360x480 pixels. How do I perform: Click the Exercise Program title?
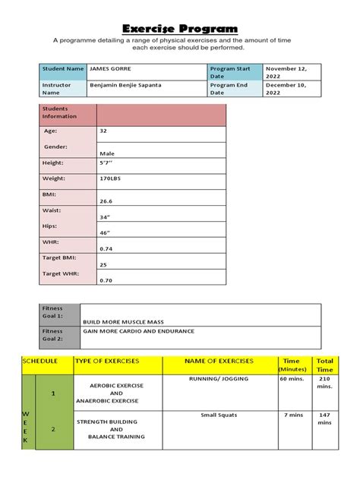pos(180,28)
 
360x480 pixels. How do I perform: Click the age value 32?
pos(103,131)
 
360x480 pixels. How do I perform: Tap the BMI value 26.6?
pos(106,201)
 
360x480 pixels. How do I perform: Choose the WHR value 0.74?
pos(106,248)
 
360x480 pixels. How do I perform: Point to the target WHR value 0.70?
pos(106,280)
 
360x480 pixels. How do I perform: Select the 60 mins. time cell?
pos(291,377)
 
